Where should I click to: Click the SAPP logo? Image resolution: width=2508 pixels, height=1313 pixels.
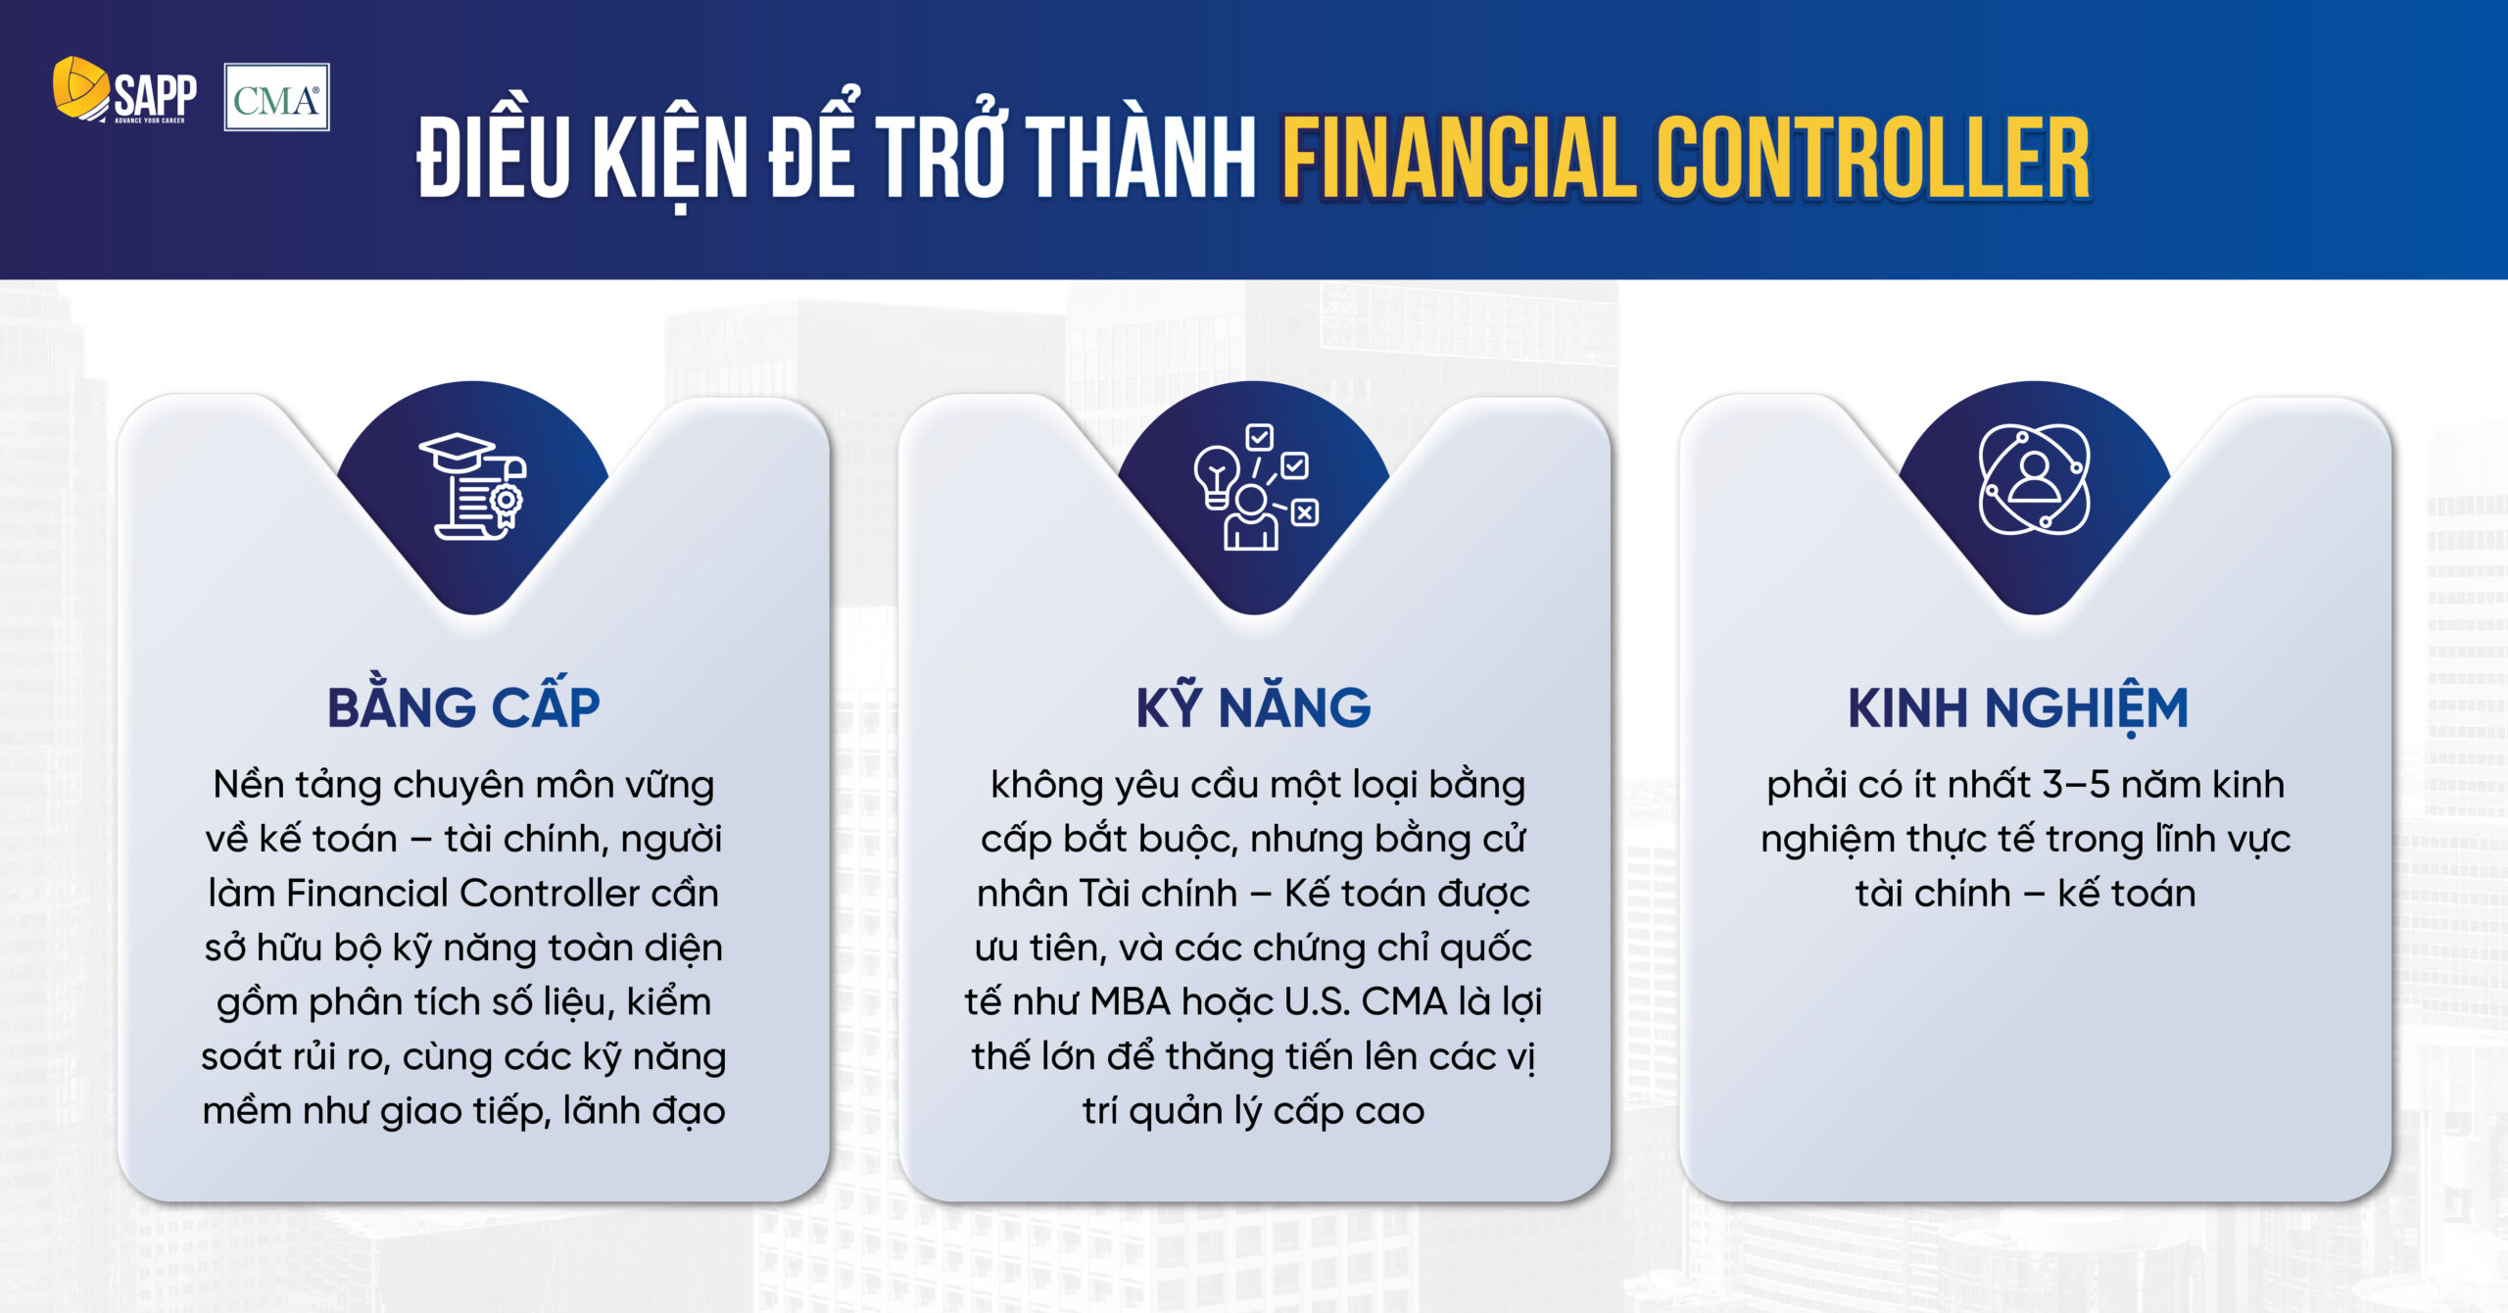[x=124, y=91]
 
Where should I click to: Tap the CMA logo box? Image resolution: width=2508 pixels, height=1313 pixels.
[x=276, y=98]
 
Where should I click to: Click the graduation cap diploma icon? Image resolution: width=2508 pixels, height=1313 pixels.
[x=473, y=486]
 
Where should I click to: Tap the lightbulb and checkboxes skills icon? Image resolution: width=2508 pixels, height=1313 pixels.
[x=1255, y=487]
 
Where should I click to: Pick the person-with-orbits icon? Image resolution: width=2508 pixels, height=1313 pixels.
[x=2035, y=480]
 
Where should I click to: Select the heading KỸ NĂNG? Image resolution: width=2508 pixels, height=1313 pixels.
[x=1253, y=706]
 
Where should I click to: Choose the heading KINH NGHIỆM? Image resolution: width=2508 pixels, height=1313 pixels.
[x=2017, y=708]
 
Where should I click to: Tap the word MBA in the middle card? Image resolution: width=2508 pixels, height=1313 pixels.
[x=1131, y=1002]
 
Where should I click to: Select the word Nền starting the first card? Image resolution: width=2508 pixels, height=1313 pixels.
[x=249, y=785]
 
